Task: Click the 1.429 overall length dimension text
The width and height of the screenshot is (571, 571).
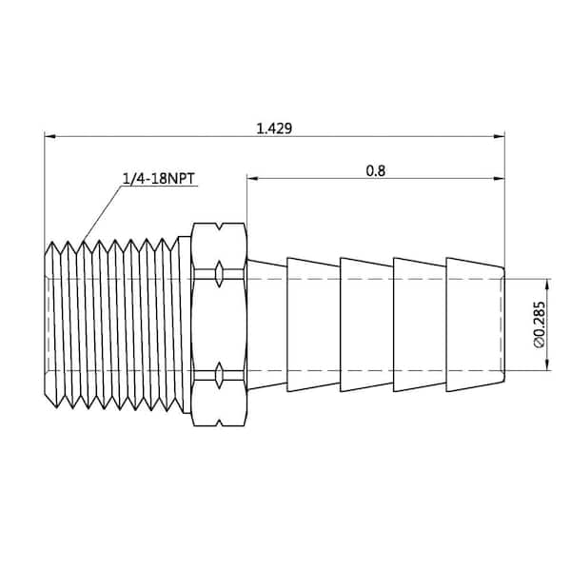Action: [274, 128]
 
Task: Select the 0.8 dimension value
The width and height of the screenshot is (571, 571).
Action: [376, 170]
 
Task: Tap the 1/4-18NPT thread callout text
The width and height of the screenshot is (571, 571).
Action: [159, 179]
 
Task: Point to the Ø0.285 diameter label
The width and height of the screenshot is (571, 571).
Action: [540, 325]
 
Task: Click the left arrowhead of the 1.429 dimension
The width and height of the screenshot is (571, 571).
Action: [49, 136]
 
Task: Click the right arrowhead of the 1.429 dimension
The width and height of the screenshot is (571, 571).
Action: [500, 136]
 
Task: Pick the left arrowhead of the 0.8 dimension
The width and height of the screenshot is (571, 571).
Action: [252, 179]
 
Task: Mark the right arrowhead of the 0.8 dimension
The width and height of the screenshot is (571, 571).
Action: [500, 179]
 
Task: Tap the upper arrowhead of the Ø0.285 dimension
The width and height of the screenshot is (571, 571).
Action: [547, 285]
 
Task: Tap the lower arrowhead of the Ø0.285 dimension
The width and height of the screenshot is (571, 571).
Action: [547, 365]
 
